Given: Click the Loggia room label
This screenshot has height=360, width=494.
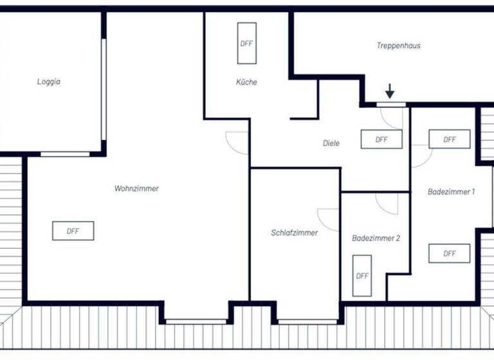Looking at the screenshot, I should pyautogui.click(x=48, y=82).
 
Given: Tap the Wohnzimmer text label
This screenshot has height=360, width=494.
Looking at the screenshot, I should pyautogui.click(x=136, y=188).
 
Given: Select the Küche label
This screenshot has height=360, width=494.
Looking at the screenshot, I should pyautogui.click(x=246, y=82).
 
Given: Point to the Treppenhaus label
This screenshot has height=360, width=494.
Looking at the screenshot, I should pyautogui.click(x=398, y=46).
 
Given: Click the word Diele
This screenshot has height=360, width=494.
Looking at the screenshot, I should pyautogui.click(x=331, y=143).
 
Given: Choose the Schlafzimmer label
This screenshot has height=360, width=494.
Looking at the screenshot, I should pyautogui.click(x=294, y=233).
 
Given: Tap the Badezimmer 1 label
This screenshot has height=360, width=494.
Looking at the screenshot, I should pyautogui.click(x=451, y=192).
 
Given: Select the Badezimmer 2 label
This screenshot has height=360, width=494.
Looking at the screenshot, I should pyautogui.click(x=376, y=238).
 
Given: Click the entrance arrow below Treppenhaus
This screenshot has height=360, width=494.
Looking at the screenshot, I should pyautogui.click(x=390, y=91).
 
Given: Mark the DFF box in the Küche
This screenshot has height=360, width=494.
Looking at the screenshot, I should pyautogui.click(x=246, y=44).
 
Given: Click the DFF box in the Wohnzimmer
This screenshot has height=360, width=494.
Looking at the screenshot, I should pyautogui.click(x=73, y=231).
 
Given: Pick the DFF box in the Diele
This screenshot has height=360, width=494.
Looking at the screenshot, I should pyautogui.click(x=381, y=139).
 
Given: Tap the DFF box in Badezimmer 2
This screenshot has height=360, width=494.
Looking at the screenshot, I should pyautogui.click(x=362, y=276).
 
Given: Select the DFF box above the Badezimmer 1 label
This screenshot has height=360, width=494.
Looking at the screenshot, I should pyautogui.click(x=449, y=139).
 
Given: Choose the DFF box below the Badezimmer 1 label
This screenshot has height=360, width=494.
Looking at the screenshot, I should pyautogui.click(x=449, y=253).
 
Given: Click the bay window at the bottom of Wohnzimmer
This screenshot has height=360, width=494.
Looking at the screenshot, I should pyautogui.click(x=196, y=321).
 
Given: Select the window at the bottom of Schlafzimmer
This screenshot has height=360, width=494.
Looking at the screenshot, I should pyautogui.click(x=307, y=321).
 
